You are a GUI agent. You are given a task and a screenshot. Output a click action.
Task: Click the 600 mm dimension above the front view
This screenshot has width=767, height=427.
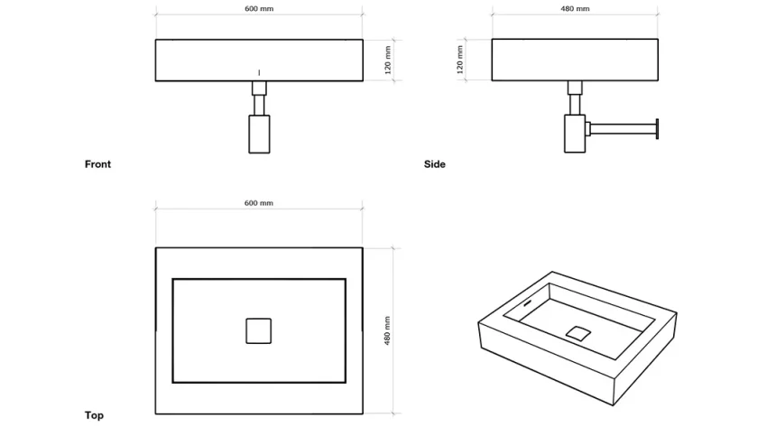(x=259, y=8)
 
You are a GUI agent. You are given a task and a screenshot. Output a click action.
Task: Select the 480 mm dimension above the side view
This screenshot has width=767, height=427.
(x=575, y=8)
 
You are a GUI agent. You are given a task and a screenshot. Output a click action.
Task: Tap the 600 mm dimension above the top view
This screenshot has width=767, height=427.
(x=259, y=203)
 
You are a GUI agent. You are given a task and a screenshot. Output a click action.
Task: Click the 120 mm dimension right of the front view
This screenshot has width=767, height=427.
(x=387, y=60)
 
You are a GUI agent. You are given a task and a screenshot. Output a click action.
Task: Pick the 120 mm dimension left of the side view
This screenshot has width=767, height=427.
(x=460, y=60)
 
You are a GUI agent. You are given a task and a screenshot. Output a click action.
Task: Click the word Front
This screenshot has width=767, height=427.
(x=97, y=164)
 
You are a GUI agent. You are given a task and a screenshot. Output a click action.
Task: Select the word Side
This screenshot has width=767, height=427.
(x=435, y=164)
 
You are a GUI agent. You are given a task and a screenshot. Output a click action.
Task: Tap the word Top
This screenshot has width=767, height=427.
(x=94, y=415)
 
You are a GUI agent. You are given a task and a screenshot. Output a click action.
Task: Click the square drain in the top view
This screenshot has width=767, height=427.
(x=259, y=331)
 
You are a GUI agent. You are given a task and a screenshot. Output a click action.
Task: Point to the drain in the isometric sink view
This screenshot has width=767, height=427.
(x=578, y=331)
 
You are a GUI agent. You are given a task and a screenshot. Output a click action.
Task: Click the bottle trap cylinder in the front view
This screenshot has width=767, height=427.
(x=259, y=134)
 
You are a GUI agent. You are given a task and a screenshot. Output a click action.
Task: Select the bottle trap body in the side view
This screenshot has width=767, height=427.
(x=575, y=134)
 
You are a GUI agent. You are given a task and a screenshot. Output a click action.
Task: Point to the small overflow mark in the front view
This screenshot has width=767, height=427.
(x=259, y=72)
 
